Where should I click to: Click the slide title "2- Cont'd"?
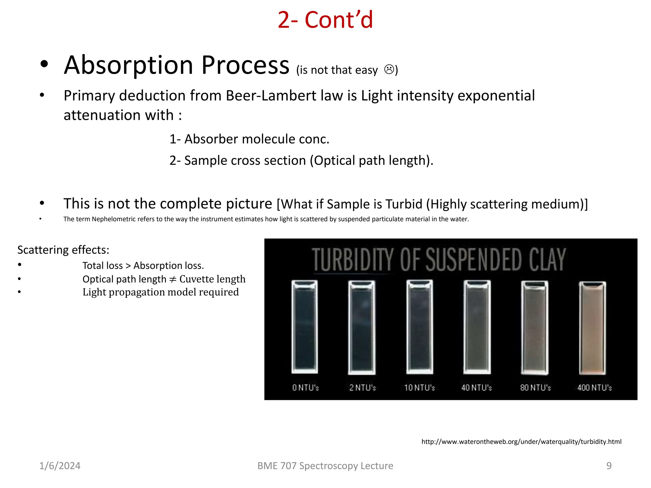tap(325, 20)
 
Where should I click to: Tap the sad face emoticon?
tap(389, 69)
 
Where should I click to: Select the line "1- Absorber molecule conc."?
tap(249, 139)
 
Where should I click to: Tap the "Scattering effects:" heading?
tap(63, 250)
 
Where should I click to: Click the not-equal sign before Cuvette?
tap(173, 279)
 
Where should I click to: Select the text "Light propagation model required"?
tap(161, 292)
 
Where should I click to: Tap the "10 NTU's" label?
tap(419, 388)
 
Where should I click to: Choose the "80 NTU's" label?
tap(535, 388)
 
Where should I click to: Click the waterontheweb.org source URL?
tap(521, 442)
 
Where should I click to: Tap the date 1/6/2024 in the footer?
tap(60, 466)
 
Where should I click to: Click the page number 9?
tap(609, 466)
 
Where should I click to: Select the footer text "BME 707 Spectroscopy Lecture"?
tap(325, 466)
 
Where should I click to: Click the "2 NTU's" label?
tap(362, 388)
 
